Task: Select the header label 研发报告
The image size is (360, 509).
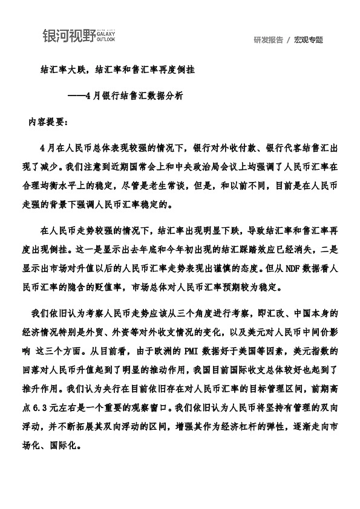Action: pos(269,40)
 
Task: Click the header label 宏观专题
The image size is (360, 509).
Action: pos(309,40)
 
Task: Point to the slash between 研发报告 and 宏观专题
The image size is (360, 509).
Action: pos(289,40)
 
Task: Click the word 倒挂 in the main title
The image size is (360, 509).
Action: pos(203,70)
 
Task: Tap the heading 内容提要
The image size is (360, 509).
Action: pos(48,121)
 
